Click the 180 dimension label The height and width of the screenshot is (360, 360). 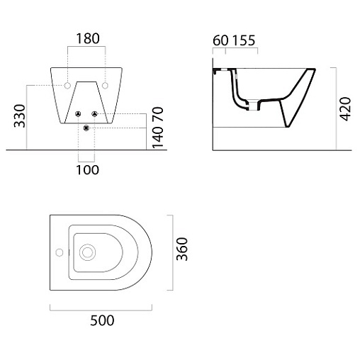tap(88, 39)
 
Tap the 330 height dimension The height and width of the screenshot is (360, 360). tap(20, 116)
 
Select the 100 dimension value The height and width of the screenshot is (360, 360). tap(87, 170)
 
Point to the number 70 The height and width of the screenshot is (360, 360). tap(158, 114)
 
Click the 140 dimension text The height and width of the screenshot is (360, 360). tap(158, 137)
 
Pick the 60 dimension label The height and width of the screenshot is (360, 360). tap(220, 40)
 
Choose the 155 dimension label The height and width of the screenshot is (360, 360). tap(244, 40)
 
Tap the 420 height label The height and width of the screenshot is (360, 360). tap(345, 109)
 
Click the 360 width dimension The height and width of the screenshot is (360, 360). tap(182, 249)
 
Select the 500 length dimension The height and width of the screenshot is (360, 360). tap(102, 320)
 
